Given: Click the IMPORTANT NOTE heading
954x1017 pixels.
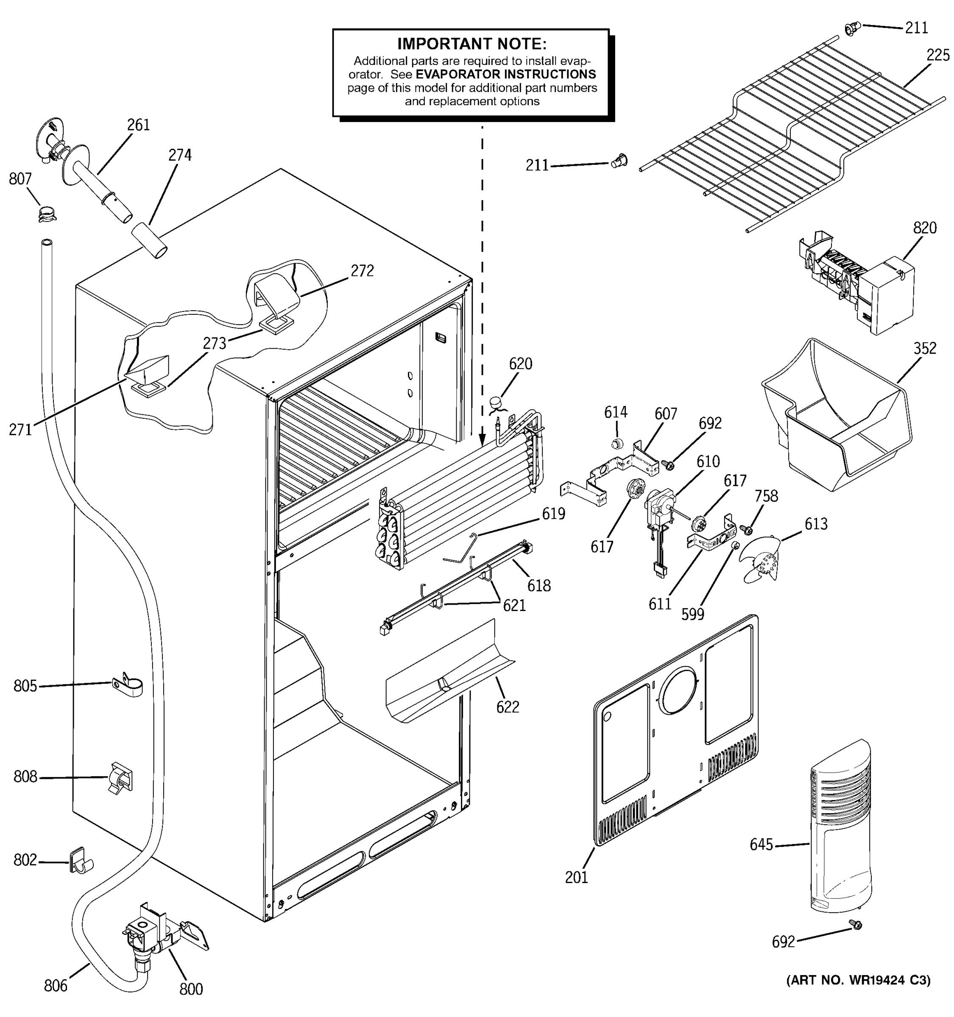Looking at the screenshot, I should click(471, 44).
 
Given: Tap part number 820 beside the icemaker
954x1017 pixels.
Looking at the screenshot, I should click(924, 228).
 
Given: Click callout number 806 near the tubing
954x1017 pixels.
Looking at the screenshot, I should click(55, 985).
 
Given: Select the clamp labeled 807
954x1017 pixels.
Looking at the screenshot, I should click(47, 213).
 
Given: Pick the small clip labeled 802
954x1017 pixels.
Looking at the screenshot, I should click(79, 861).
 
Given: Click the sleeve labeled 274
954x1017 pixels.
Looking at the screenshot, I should click(149, 240).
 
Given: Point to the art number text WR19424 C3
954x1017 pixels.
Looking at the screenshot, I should click(858, 979).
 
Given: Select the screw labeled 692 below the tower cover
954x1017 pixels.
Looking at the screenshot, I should click(855, 924).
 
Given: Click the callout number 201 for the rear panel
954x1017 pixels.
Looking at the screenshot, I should click(576, 877).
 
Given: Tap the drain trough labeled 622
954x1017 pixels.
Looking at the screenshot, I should click(445, 675).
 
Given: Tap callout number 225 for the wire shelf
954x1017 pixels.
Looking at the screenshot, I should click(937, 55).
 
